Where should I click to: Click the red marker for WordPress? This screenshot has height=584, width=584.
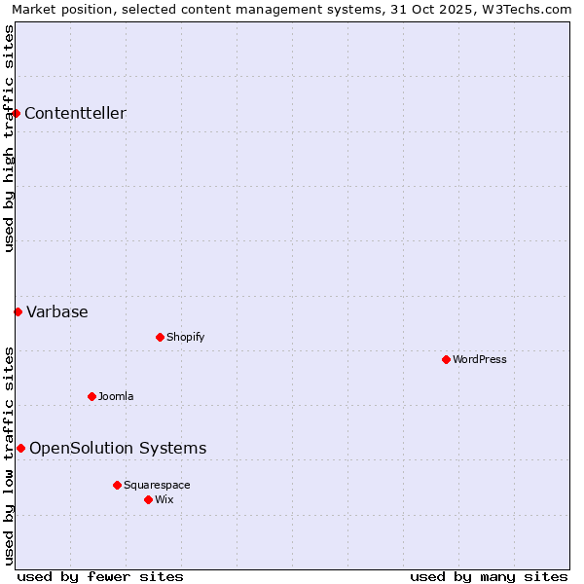click(446, 359)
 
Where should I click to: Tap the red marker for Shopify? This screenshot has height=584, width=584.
click(160, 337)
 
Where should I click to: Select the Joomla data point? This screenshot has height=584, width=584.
click(91, 396)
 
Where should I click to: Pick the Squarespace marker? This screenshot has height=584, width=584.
click(117, 485)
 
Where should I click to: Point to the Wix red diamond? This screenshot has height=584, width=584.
click(148, 499)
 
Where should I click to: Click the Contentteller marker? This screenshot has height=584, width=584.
click(16, 114)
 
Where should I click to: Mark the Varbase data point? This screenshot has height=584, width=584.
click(18, 311)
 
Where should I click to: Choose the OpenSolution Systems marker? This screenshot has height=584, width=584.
click(20, 448)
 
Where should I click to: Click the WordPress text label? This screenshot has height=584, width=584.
click(480, 359)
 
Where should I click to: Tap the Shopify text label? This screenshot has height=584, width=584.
click(185, 337)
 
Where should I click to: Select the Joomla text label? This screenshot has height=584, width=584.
click(116, 396)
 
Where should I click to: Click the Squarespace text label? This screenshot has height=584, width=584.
click(157, 485)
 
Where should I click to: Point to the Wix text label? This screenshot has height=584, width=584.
click(164, 499)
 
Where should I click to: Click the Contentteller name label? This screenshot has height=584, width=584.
click(75, 114)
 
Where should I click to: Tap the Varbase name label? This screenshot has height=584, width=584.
click(57, 311)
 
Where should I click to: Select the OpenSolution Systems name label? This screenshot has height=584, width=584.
click(118, 448)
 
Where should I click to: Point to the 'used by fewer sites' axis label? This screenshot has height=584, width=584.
click(100, 576)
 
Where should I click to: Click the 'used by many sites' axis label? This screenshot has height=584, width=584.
click(489, 576)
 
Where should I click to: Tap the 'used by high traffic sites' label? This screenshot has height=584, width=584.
click(9, 138)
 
